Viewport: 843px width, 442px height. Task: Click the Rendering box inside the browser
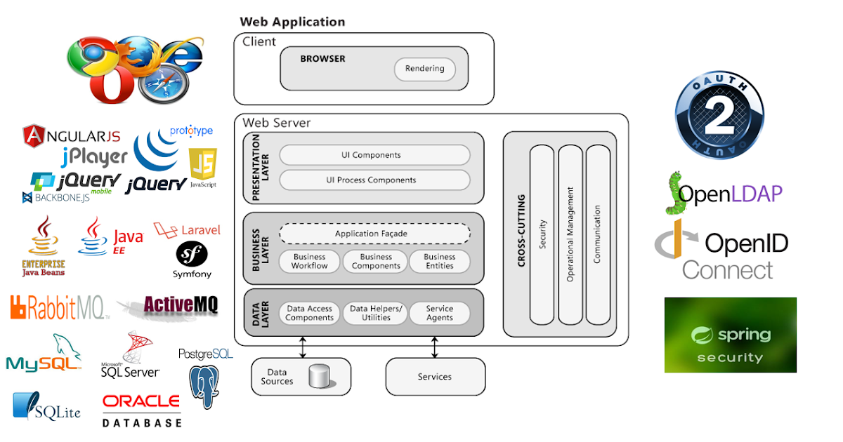(x=424, y=69)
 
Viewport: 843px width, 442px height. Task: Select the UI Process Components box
(x=374, y=180)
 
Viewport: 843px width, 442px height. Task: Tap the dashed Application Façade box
(x=374, y=234)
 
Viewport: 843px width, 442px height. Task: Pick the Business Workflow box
(x=310, y=262)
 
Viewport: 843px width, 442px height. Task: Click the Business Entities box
(x=439, y=262)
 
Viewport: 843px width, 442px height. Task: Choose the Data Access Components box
(x=309, y=313)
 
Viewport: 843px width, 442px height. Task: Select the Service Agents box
(x=439, y=313)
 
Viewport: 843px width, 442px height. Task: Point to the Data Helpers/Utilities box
(x=376, y=313)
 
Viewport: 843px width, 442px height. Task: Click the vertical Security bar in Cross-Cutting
(x=542, y=235)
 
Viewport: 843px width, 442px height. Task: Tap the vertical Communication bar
(x=597, y=235)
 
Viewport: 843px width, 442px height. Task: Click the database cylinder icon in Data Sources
(x=320, y=377)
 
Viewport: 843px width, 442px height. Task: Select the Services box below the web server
(x=435, y=377)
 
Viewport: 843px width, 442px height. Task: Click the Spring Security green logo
(x=730, y=335)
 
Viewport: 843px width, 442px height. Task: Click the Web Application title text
(x=292, y=22)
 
